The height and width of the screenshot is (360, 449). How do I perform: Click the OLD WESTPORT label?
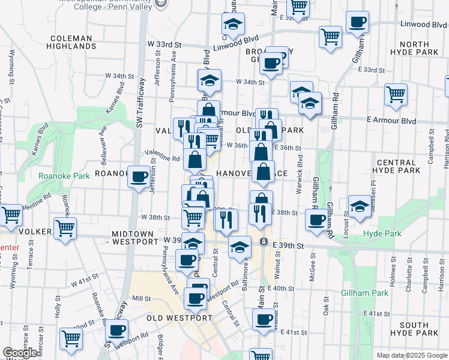coord(178,317)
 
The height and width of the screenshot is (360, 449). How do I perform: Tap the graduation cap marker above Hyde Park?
coord(360,206)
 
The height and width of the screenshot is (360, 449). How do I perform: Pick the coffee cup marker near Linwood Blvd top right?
coord(358,22)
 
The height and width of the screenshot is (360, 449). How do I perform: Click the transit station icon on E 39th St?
coord(264,241)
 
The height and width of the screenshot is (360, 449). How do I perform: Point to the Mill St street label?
coord(141,298)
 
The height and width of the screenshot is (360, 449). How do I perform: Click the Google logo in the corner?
coord(20,353)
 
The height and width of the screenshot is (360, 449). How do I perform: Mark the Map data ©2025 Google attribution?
coord(411,356)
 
